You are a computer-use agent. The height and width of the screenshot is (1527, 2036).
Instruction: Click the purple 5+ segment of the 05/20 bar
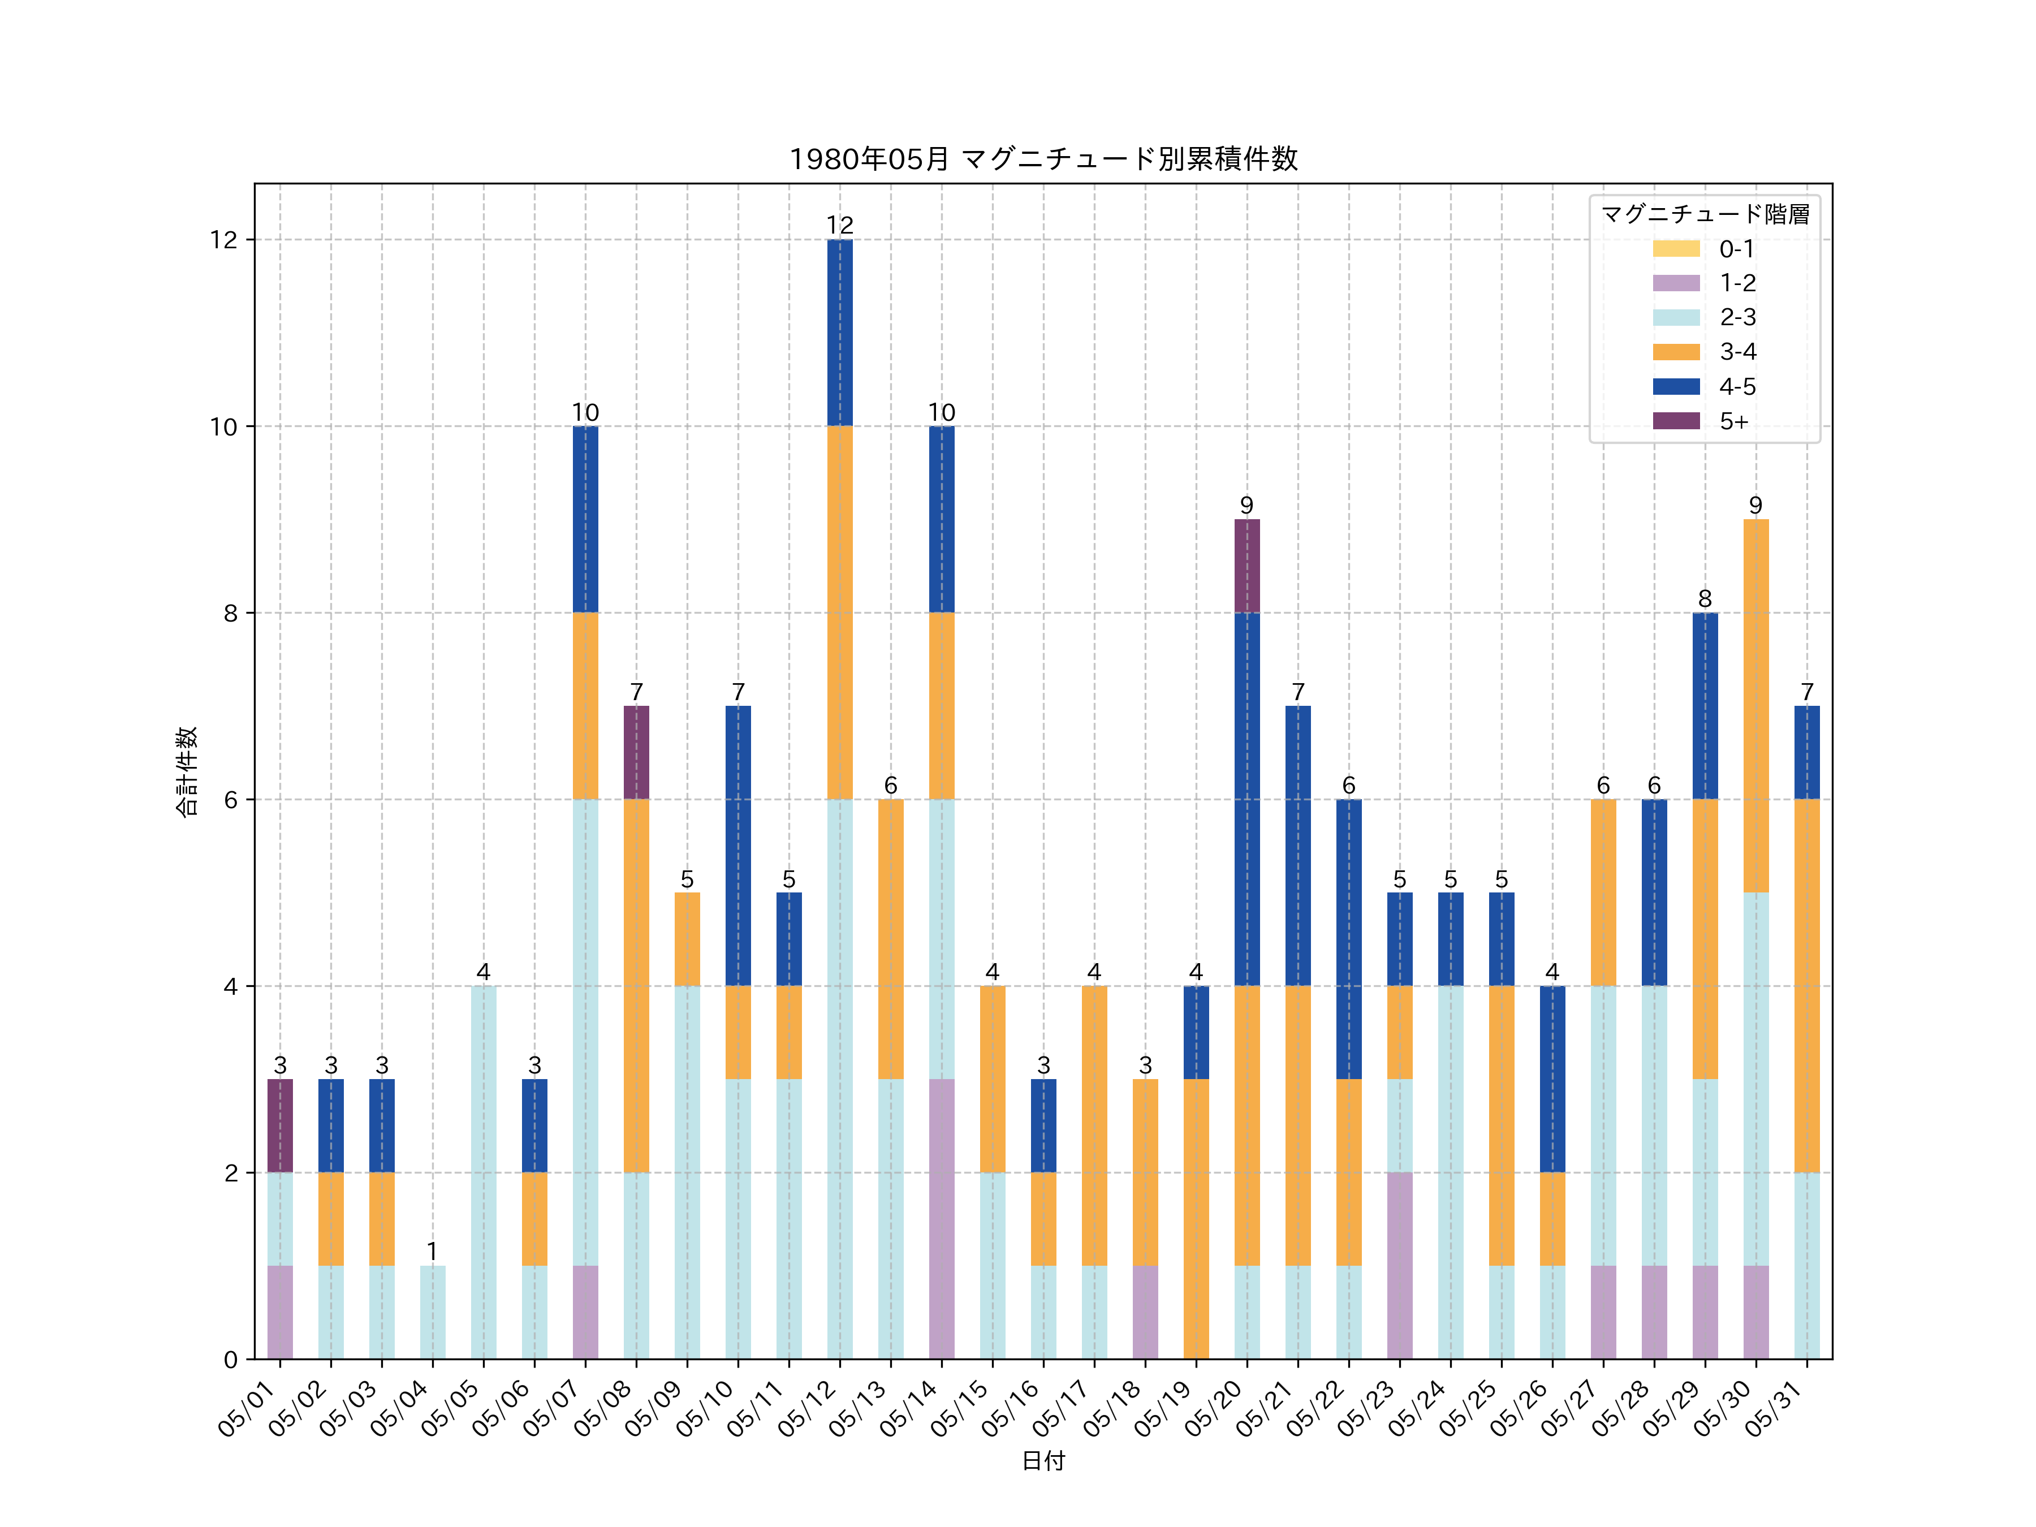coord(1246,565)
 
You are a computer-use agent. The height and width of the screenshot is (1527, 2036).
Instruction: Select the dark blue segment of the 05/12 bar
coord(839,333)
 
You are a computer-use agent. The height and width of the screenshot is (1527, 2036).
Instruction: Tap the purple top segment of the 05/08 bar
coord(636,752)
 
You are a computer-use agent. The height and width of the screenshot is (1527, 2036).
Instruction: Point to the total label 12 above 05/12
coord(839,226)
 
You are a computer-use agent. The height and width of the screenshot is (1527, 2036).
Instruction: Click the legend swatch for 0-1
coord(1676,248)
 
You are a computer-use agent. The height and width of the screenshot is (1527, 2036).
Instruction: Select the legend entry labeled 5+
coord(1733,421)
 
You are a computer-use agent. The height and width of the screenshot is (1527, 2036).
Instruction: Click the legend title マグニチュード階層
coord(1705,214)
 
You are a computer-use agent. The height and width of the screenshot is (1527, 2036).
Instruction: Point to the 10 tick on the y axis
coord(223,427)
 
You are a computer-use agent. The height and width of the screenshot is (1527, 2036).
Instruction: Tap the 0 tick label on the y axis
coord(230,1360)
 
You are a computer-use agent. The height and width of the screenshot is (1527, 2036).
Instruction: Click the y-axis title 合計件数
coord(187,771)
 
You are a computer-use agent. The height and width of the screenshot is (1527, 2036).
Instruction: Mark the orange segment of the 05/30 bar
coord(1755,705)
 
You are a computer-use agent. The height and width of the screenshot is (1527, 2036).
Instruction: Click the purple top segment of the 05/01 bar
coord(280,1125)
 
